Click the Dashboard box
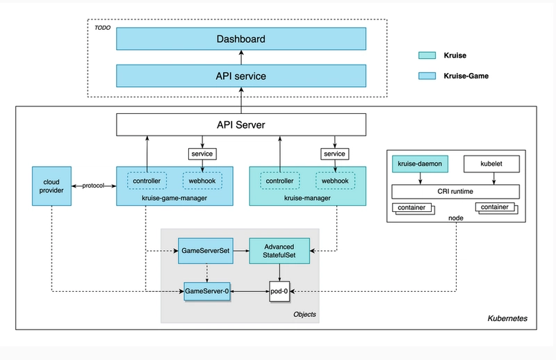(241, 39)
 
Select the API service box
(241, 76)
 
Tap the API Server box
(241, 124)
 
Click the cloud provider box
(51, 186)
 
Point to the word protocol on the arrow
(93, 186)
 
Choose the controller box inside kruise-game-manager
(147, 181)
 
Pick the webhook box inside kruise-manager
(335, 181)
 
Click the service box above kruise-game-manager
(202, 154)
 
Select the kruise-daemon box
(420, 164)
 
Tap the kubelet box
(491, 164)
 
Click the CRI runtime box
(455, 192)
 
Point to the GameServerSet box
(206, 251)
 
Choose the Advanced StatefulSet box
(279, 251)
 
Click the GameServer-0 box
(207, 292)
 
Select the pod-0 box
(279, 292)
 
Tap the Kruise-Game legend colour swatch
(427, 76)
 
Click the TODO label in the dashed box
(102, 28)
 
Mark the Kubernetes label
(507, 318)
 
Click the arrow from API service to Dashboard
(241, 58)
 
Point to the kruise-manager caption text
(307, 198)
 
